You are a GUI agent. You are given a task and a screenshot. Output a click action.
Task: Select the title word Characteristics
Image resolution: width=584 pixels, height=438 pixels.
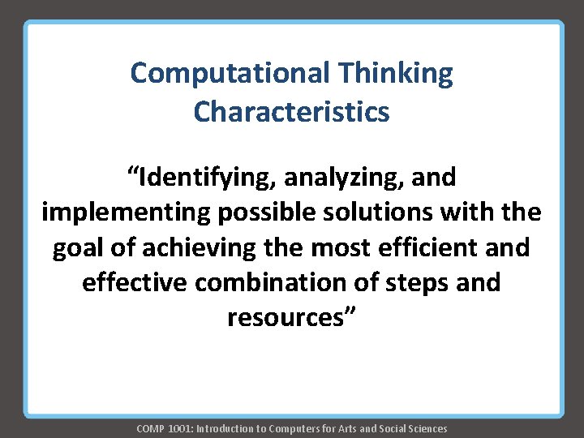coord(291,112)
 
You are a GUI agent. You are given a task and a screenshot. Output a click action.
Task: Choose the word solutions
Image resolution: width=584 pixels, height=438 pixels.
coord(380,212)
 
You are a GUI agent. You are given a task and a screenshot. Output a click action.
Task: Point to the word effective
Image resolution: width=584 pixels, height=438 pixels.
coord(133,282)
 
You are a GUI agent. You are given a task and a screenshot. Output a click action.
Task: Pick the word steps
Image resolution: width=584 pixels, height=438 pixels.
coord(423,282)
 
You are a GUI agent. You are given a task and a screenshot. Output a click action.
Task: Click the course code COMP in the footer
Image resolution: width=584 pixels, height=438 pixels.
coord(151,428)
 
